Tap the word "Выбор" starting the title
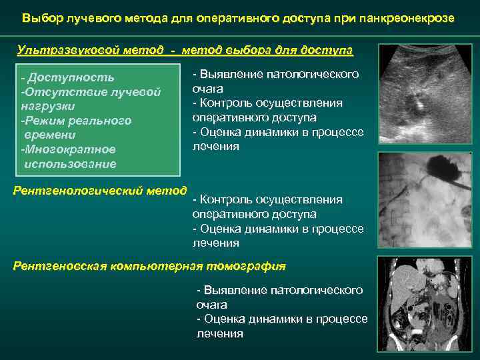(39, 18)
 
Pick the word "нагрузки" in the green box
(47, 106)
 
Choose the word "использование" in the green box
(70, 164)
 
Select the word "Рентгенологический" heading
(78, 191)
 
